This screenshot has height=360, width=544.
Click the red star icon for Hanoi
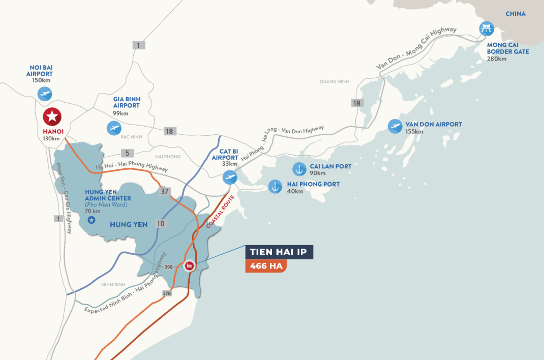click(x=52, y=117)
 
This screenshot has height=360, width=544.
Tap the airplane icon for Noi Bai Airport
click(x=45, y=94)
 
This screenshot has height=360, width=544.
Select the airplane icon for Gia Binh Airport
click(x=114, y=128)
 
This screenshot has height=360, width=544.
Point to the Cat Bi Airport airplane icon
click(x=230, y=177)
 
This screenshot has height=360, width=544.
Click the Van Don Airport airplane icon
click(x=395, y=127)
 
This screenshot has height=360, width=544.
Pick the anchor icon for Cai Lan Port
click(x=299, y=169)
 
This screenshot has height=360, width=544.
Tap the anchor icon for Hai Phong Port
click(x=275, y=187)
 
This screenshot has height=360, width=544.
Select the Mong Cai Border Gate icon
click(x=487, y=29)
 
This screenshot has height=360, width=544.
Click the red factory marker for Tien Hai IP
click(x=190, y=265)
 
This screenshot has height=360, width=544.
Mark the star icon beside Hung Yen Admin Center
click(x=92, y=220)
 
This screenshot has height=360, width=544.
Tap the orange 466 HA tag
click(x=265, y=266)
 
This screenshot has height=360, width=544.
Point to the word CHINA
click(x=515, y=14)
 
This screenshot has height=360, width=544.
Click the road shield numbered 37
click(x=164, y=192)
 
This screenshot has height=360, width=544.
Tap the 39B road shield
click(x=168, y=266)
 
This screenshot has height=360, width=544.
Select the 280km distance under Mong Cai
click(x=497, y=58)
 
